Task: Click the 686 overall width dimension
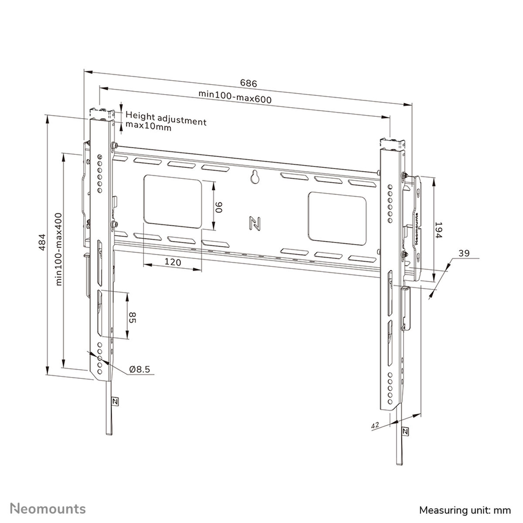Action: pyautogui.click(x=248, y=83)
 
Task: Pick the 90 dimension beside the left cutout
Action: pyautogui.click(x=219, y=206)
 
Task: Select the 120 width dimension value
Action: pyautogui.click(x=173, y=262)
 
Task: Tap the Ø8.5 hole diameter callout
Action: pyautogui.click(x=139, y=370)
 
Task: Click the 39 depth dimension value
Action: pyautogui.click(x=464, y=253)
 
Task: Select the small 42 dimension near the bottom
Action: pyautogui.click(x=374, y=424)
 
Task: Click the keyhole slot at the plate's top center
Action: pyautogui.click(x=254, y=177)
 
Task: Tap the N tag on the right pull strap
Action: pyautogui.click(x=405, y=431)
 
